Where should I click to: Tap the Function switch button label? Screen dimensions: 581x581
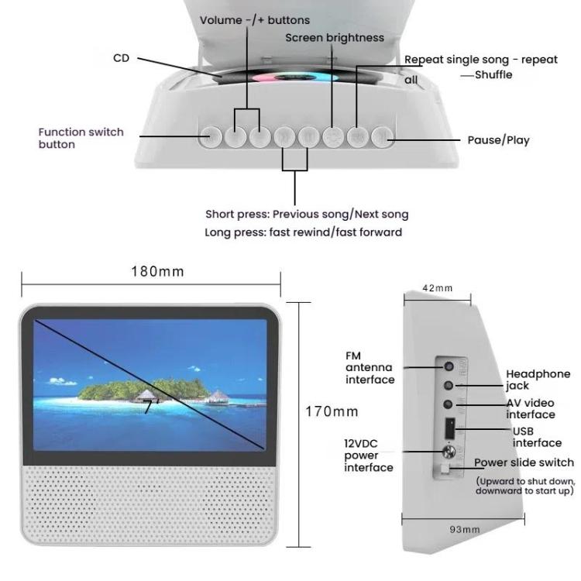(x=81, y=138)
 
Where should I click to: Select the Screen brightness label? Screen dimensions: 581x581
(x=334, y=37)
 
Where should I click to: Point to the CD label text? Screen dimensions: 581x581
(x=121, y=58)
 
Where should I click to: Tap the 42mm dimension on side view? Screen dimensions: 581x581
(x=438, y=288)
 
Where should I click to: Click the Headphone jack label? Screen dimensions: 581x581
(x=538, y=380)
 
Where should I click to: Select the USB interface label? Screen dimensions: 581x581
(x=536, y=437)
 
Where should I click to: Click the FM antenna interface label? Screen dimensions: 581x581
(x=370, y=368)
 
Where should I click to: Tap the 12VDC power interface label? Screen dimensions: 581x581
(x=368, y=456)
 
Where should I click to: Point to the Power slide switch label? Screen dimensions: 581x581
(x=524, y=462)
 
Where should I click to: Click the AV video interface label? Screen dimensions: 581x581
(x=531, y=409)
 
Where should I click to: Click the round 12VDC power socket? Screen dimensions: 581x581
(x=448, y=455)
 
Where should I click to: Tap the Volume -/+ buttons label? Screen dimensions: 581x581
(x=254, y=20)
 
